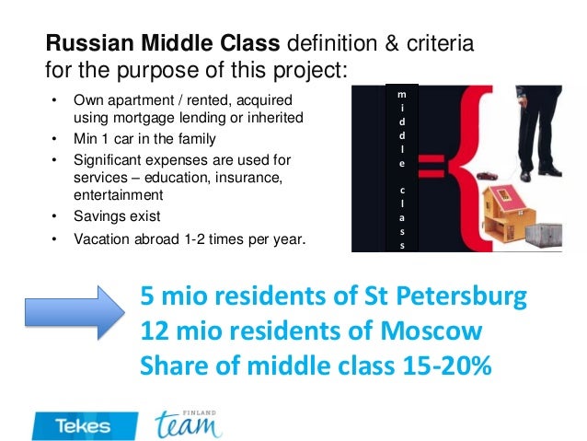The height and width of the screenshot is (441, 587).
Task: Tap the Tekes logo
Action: tap(83, 424)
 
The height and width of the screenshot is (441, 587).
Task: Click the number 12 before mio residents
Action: tap(153, 331)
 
